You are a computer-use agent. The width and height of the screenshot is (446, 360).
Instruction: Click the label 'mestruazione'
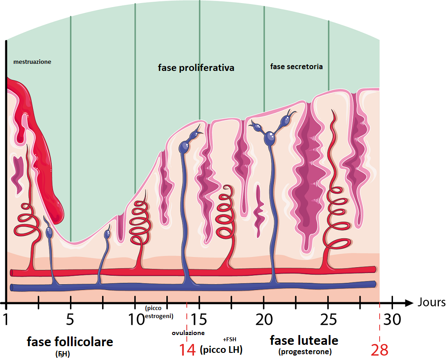click(32, 62)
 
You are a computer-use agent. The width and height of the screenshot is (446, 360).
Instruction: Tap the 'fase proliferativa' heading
click(196, 68)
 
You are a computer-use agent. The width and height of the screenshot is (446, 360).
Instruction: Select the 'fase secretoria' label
click(297, 66)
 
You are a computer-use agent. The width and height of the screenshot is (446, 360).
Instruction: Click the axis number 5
click(70, 319)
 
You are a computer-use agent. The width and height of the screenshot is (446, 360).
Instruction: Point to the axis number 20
click(264, 319)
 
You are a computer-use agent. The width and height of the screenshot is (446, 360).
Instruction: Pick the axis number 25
click(328, 319)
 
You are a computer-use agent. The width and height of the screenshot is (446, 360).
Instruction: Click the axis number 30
click(392, 319)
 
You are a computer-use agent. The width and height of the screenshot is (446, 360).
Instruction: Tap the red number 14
click(187, 350)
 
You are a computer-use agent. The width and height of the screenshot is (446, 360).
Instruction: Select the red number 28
click(380, 350)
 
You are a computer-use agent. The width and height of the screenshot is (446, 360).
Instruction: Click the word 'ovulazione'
click(188, 333)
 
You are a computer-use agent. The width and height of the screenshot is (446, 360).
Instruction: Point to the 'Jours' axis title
click(431, 302)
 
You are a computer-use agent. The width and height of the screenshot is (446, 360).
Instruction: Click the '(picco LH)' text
click(221, 349)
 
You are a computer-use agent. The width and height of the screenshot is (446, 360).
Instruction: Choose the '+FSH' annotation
click(230, 339)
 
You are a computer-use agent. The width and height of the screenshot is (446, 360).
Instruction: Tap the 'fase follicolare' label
click(70, 342)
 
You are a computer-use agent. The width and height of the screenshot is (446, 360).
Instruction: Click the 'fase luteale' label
click(304, 340)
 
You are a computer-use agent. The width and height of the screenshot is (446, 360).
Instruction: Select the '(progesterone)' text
click(305, 352)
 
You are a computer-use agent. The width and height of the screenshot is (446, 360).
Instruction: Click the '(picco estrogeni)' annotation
click(159, 312)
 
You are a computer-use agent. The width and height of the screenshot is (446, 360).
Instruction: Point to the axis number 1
click(6, 319)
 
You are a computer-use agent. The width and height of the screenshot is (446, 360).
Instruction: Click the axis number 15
click(199, 319)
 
